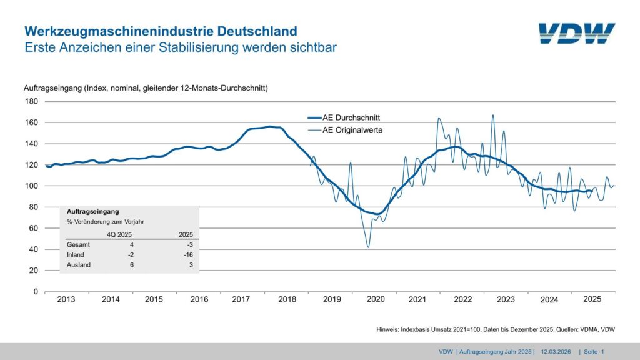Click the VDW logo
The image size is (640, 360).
point(576,34)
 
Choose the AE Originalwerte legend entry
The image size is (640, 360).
point(351,130)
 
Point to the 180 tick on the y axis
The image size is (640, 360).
point(31,101)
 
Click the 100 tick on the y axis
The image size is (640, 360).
point(31,186)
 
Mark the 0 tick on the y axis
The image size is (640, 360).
point(35,292)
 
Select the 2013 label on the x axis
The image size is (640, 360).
point(66,300)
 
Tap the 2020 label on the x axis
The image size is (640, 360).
point(376,300)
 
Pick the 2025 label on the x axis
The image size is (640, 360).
point(592,299)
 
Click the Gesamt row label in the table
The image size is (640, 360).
point(78,245)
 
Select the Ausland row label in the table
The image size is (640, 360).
point(79,265)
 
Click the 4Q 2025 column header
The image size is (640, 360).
point(121,234)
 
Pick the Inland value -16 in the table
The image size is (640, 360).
point(188,255)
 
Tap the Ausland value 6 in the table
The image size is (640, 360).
point(131,265)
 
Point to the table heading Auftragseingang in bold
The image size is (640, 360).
point(92,212)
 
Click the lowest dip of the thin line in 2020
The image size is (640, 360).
point(368,247)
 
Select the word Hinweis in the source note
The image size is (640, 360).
point(387,329)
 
